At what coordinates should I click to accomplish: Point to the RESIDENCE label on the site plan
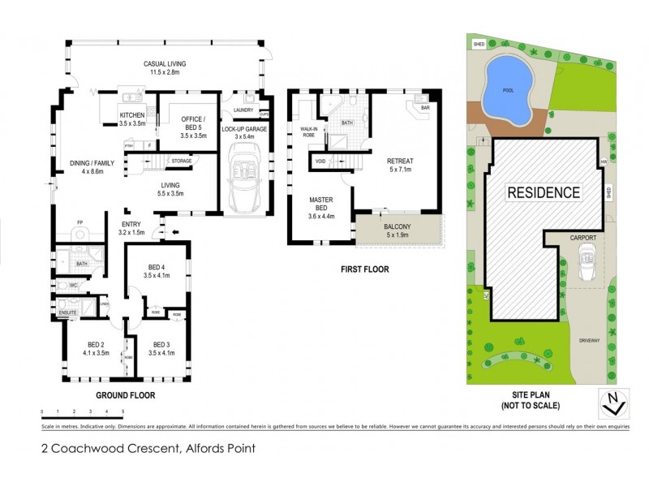544,192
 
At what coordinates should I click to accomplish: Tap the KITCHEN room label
131,120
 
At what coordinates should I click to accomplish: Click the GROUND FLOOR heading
126,395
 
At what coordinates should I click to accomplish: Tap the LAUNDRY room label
243,110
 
